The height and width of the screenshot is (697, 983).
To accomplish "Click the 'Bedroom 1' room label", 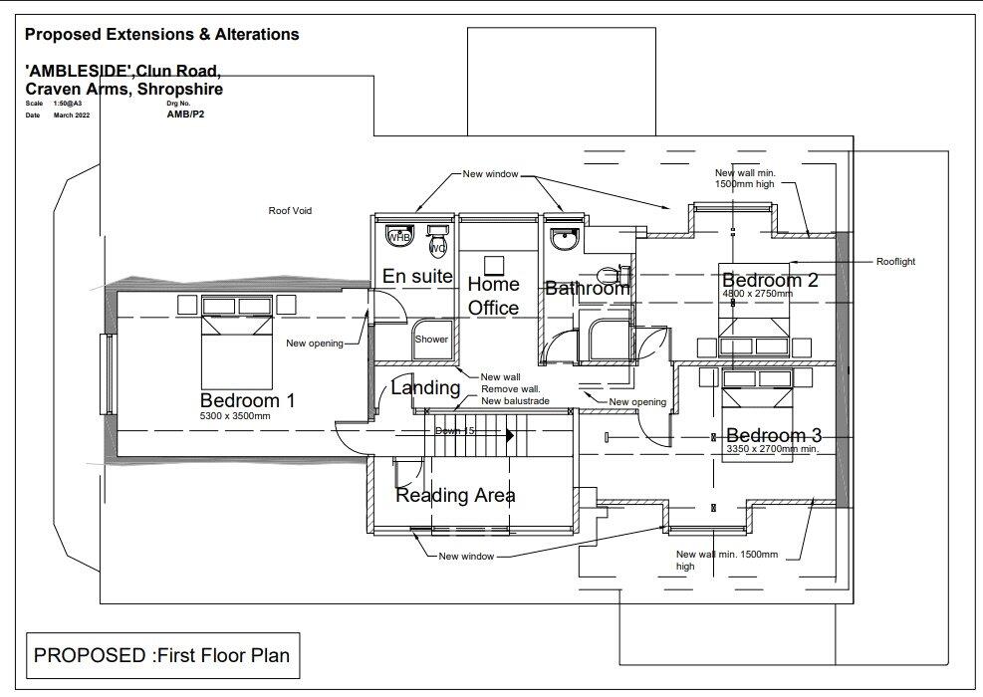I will tap(247, 400).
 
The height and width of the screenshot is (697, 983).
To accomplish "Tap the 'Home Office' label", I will tap(494, 297).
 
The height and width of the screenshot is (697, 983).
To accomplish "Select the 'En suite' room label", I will tap(418, 277).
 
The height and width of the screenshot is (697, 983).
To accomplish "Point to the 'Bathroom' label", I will tap(587, 289).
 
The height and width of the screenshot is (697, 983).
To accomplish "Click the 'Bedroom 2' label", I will tap(770, 280).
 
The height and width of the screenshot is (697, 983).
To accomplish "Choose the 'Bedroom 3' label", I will tap(774, 435).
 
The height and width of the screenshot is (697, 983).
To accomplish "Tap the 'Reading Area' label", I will tap(455, 495).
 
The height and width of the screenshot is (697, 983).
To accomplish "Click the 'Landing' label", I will tap(425, 387).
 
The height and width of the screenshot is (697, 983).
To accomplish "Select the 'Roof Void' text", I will tap(290, 211).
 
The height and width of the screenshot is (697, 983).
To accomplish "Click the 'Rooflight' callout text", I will tap(895, 262).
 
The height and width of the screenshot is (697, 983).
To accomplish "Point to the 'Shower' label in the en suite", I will tap(431, 340).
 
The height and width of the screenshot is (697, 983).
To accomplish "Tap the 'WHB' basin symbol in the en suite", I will tap(398, 237).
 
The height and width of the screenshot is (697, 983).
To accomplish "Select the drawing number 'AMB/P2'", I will tap(185, 115).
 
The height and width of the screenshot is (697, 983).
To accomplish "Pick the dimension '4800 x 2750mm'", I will tap(757, 294).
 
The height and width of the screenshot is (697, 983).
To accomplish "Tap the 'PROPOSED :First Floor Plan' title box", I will tap(161, 655).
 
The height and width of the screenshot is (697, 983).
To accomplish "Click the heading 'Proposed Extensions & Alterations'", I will tap(161, 35).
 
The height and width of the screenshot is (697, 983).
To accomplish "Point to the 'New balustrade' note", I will tap(515, 400).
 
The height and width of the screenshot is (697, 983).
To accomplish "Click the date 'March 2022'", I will tap(72, 116).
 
